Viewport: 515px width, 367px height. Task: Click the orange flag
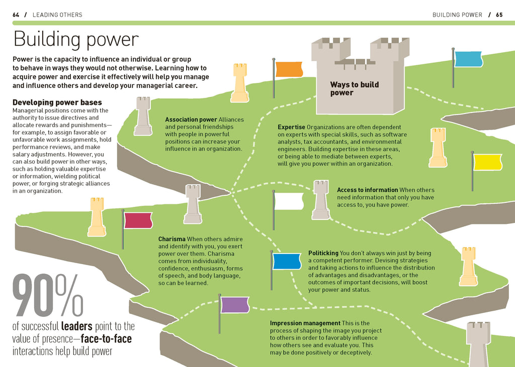[x=289, y=69]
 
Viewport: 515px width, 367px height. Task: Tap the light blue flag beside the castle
[x=468, y=59]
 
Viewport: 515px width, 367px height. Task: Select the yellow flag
[x=487, y=162]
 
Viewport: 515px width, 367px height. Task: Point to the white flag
[x=289, y=201]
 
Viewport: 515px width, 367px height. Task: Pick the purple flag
[x=235, y=305]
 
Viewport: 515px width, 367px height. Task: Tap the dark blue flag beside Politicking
[x=287, y=262]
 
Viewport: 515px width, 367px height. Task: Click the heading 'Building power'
[x=76, y=39]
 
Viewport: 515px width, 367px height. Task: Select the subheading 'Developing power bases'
[x=57, y=102]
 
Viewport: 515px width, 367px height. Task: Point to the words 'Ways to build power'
[x=355, y=88]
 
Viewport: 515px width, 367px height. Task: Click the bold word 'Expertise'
[x=291, y=128]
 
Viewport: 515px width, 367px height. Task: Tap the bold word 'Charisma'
[x=172, y=239]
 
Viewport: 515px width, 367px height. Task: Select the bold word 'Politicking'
[x=323, y=253]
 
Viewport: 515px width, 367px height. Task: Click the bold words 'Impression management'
[x=305, y=323]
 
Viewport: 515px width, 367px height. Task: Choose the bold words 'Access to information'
[x=367, y=190]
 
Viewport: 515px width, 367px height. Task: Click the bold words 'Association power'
[x=191, y=119]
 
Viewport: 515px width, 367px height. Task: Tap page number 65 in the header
[x=499, y=15]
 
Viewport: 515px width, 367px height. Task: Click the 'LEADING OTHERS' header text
[x=57, y=15]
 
